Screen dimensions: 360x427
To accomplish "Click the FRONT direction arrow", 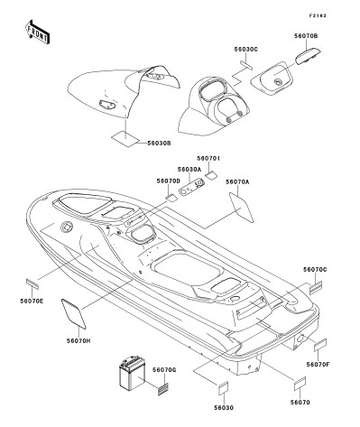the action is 37,32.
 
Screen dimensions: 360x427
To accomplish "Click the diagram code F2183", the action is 317,15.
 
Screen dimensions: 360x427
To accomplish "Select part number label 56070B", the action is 306,36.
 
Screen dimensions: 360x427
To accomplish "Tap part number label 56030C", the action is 246,49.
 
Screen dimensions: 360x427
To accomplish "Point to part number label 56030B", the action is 159,144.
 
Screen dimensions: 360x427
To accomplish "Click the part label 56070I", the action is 208,158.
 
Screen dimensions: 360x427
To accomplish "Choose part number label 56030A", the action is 189,170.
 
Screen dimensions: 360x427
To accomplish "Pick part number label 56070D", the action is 168,181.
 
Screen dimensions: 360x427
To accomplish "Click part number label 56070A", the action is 237,181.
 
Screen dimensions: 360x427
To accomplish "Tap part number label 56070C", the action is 315,270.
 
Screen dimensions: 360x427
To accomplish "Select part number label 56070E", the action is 32,301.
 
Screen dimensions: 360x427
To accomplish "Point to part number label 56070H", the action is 78,340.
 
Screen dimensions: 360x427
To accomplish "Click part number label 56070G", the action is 164,370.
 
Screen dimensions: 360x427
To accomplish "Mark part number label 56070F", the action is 318,365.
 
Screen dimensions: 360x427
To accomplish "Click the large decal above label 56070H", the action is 74,313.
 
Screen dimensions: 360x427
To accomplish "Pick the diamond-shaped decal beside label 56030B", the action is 125,139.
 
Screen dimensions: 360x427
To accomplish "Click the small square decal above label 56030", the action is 223,388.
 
